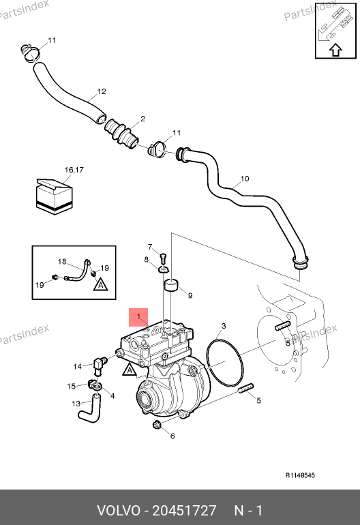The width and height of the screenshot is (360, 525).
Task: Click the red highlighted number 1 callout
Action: coord(138,317)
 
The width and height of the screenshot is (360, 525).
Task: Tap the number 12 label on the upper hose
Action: coord(102,91)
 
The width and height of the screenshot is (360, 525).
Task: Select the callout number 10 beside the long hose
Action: coord(245,179)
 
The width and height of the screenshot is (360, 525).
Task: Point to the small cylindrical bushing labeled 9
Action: coord(172,286)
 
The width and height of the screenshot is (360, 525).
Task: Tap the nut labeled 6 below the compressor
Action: coord(156,425)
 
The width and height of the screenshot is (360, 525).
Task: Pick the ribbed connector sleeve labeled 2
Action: coord(121,133)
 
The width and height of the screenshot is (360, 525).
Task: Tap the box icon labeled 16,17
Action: coord(55,196)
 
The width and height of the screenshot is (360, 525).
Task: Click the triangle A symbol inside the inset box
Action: coord(100,284)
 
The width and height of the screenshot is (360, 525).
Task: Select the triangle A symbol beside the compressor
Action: coord(130,370)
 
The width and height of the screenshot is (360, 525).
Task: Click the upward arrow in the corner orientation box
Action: coord(336,50)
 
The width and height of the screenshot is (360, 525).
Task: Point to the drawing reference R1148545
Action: coord(300,475)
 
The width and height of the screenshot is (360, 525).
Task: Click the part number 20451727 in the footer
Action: coord(184,511)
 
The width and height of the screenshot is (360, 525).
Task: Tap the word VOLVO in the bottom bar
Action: coord(119,511)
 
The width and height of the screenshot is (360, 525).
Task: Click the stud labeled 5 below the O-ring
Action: coord(246,389)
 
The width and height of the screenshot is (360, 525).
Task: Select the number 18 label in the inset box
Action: coord(62,262)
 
